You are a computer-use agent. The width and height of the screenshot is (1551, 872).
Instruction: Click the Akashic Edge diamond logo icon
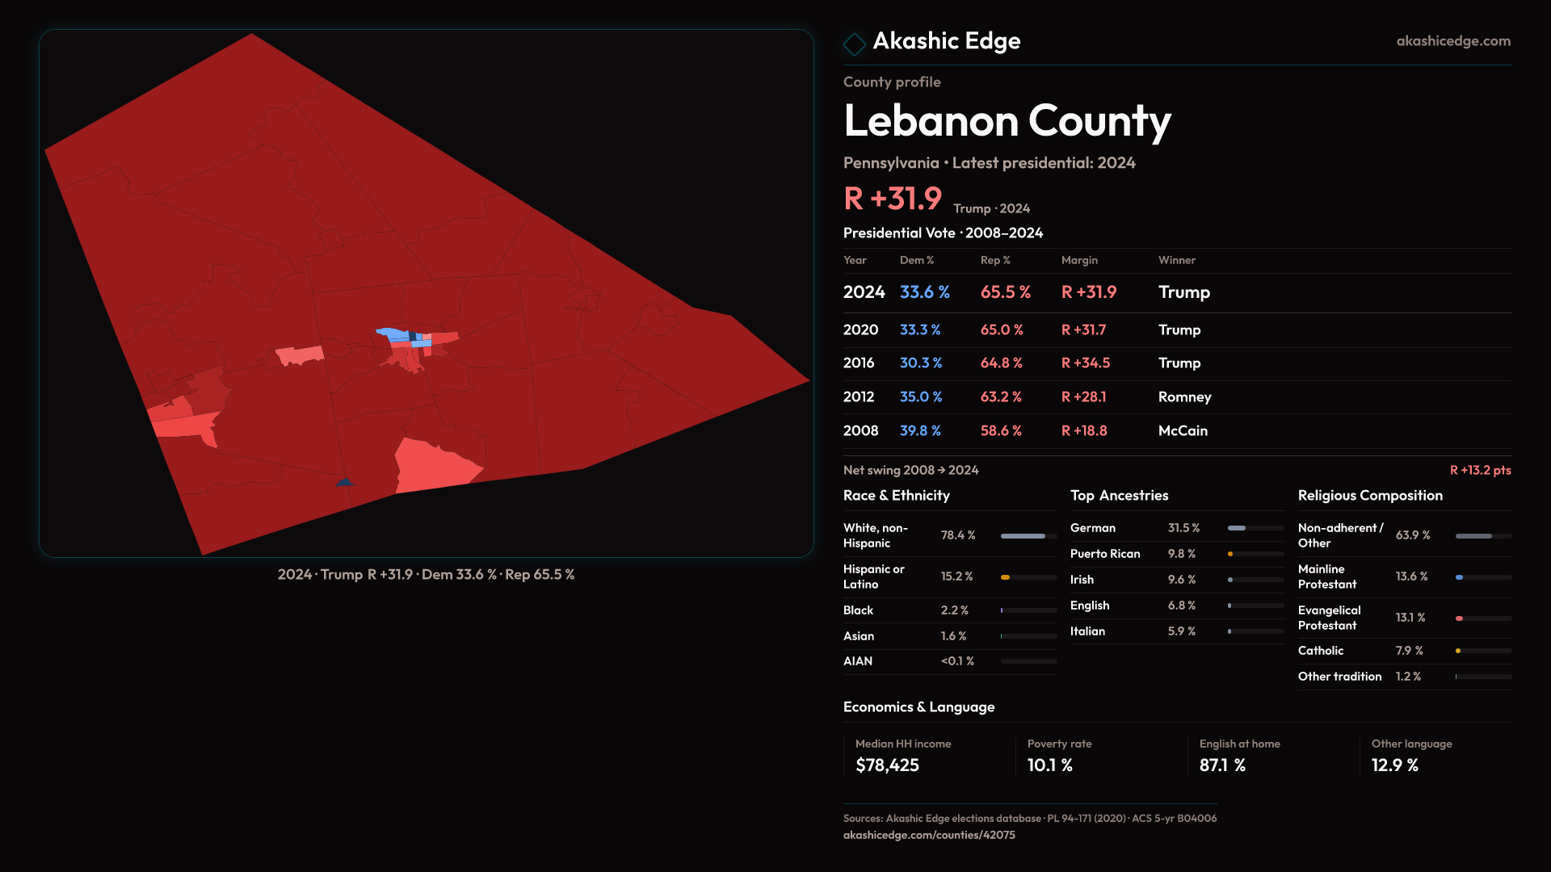click(x=854, y=44)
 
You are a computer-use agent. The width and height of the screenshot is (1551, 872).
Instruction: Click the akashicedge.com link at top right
click(x=1452, y=41)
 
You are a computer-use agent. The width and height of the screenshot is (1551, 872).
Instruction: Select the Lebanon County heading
click(x=1007, y=121)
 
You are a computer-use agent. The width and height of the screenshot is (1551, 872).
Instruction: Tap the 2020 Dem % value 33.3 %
click(x=920, y=330)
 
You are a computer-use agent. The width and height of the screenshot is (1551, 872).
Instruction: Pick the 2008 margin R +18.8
click(x=1084, y=431)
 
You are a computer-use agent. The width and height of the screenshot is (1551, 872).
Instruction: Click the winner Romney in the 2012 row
click(x=1184, y=397)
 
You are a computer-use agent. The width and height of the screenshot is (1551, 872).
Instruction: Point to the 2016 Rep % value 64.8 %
click(x=1001, y=363)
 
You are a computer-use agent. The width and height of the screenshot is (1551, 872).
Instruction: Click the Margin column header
click(x=1079, y=260)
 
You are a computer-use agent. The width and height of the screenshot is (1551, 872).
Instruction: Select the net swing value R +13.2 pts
click(x=1480, y=470)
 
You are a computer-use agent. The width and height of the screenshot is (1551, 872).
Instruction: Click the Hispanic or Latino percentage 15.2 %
click(x=956, y=576)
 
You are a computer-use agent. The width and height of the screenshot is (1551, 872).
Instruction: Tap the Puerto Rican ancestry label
click(x=1105, y=554)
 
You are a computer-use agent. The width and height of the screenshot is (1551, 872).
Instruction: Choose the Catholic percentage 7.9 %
click(x=1409, y=651)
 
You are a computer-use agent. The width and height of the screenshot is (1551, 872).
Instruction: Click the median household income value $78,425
click(x=887, y=765)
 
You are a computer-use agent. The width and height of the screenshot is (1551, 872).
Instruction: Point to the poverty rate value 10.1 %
click(x=1049, y=765)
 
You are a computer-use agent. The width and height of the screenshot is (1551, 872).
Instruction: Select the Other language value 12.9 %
click(x=1394, y=765)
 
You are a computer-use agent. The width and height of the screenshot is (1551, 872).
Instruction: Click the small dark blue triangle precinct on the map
click(x=345, y=482)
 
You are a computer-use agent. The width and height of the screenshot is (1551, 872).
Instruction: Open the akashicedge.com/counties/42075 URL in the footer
click(x=929, y=835)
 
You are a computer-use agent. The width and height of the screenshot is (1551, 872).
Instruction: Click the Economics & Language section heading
click(x=918, y=707)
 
